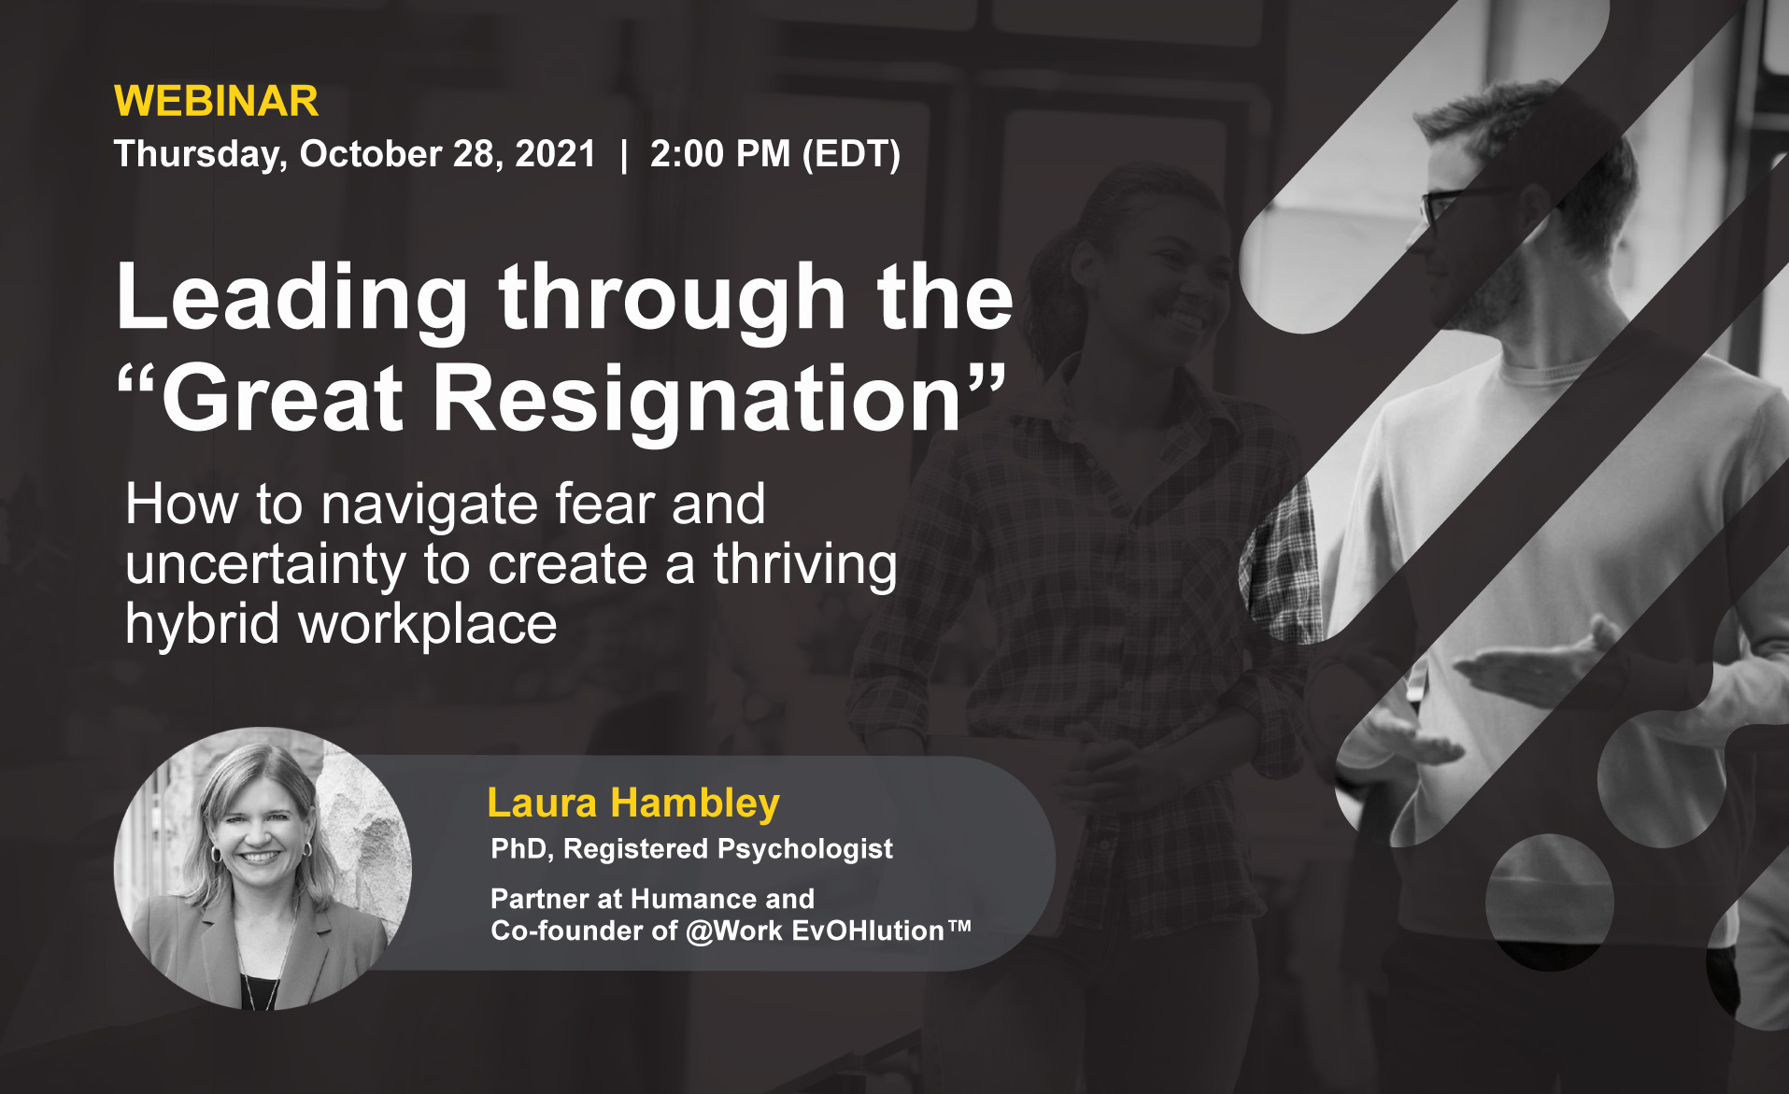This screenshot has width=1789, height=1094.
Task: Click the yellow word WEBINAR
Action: pos(216,101)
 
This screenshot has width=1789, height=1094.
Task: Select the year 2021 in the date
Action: pos(555,153)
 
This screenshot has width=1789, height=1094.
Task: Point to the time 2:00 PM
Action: pos(720,153)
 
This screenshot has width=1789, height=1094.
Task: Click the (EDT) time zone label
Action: pos(851,155)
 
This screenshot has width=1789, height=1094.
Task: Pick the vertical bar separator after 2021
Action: pos(623,155)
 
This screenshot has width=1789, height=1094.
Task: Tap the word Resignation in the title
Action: pos(697,399)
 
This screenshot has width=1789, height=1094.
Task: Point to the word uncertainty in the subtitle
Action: pos(265,564)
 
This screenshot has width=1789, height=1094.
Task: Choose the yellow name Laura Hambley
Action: pos(633,803)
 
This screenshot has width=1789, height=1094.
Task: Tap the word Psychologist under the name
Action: pos(805,849)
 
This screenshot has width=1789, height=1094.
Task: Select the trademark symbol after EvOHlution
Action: pos(959,926)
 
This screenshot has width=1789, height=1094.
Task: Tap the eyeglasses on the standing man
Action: pos(1462,201)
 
